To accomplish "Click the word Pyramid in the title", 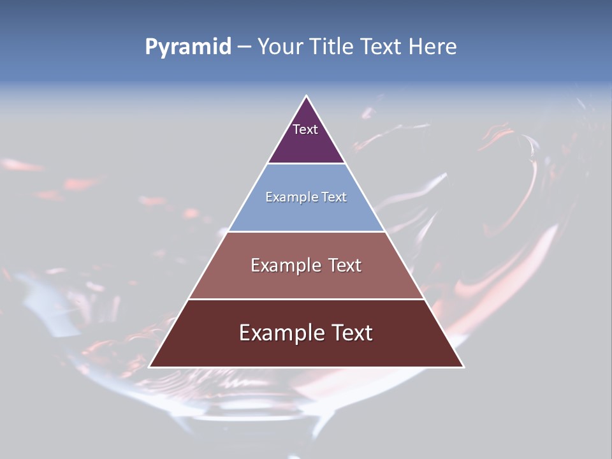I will [x=188, y=47].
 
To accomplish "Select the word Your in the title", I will [x=280, y=47].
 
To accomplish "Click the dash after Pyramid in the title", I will [x=244, y=47].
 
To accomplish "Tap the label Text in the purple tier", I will [x=305, y=129].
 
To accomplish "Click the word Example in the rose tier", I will [x=284, y=265].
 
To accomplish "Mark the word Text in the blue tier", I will [x=333, y=198].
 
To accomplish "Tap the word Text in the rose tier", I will [x=345, y=265].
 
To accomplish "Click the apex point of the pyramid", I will [x=307, y=97].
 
